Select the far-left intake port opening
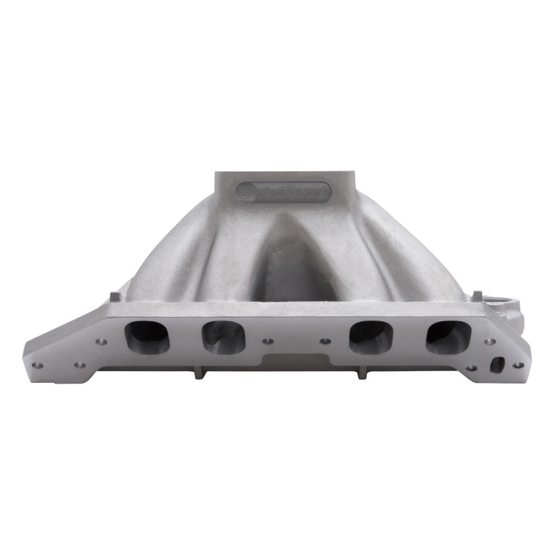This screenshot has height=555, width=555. (146, 336)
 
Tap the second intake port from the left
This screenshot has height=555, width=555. (223, 337)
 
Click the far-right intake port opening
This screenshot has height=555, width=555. (448, 336)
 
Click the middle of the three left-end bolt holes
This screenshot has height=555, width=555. (80, 364)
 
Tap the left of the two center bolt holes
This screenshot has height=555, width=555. (268, 341)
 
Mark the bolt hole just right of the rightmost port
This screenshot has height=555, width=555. (489, 341)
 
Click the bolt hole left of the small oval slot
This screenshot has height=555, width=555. (472, 368)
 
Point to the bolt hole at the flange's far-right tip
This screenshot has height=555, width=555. (517, 365)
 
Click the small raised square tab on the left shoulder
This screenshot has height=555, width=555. (114, 296)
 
